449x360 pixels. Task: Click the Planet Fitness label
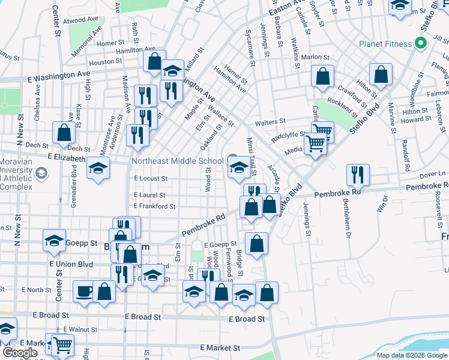pos(386,44)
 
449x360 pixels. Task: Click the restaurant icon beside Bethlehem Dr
pos(358,175)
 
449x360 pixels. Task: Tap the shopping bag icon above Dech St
pos(64,133)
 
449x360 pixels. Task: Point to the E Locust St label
pos(150,178)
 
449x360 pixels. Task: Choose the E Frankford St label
pos(155,206)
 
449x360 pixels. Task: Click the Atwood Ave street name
pos(84,19)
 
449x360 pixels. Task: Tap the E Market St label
pos(220,347)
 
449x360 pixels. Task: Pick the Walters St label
pos(269,122)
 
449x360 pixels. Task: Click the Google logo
pos(20,353)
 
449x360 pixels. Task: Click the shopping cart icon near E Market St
pos(62,346)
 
